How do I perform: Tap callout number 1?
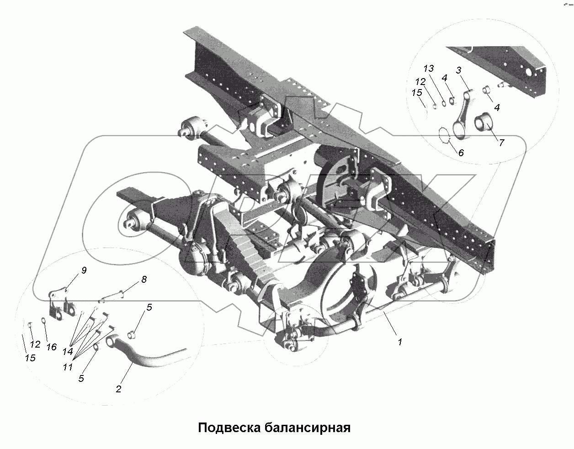pos(400,341)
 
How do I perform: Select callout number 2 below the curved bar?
pos(119,389)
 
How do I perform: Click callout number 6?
pos(461,153)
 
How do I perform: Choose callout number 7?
pos(501,143)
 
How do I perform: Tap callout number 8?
pos(143,280)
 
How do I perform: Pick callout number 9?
pos(84,270)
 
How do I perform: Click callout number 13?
pos(428,69)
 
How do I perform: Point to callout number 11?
pos(68,367)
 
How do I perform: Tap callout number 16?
pos(51,347)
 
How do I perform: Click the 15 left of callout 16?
pos(30,358)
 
